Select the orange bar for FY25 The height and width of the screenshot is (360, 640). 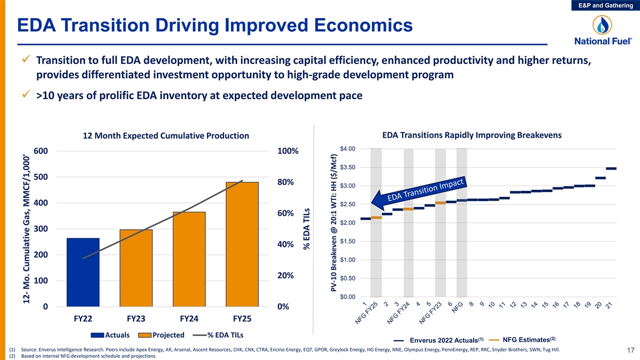pos(242,244)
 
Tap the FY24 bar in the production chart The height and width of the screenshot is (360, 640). pos(189,259)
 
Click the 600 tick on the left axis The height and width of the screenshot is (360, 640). pos(41,151)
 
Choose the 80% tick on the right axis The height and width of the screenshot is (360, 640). pos(286,182)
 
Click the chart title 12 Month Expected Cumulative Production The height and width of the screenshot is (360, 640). pos(166,136)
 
